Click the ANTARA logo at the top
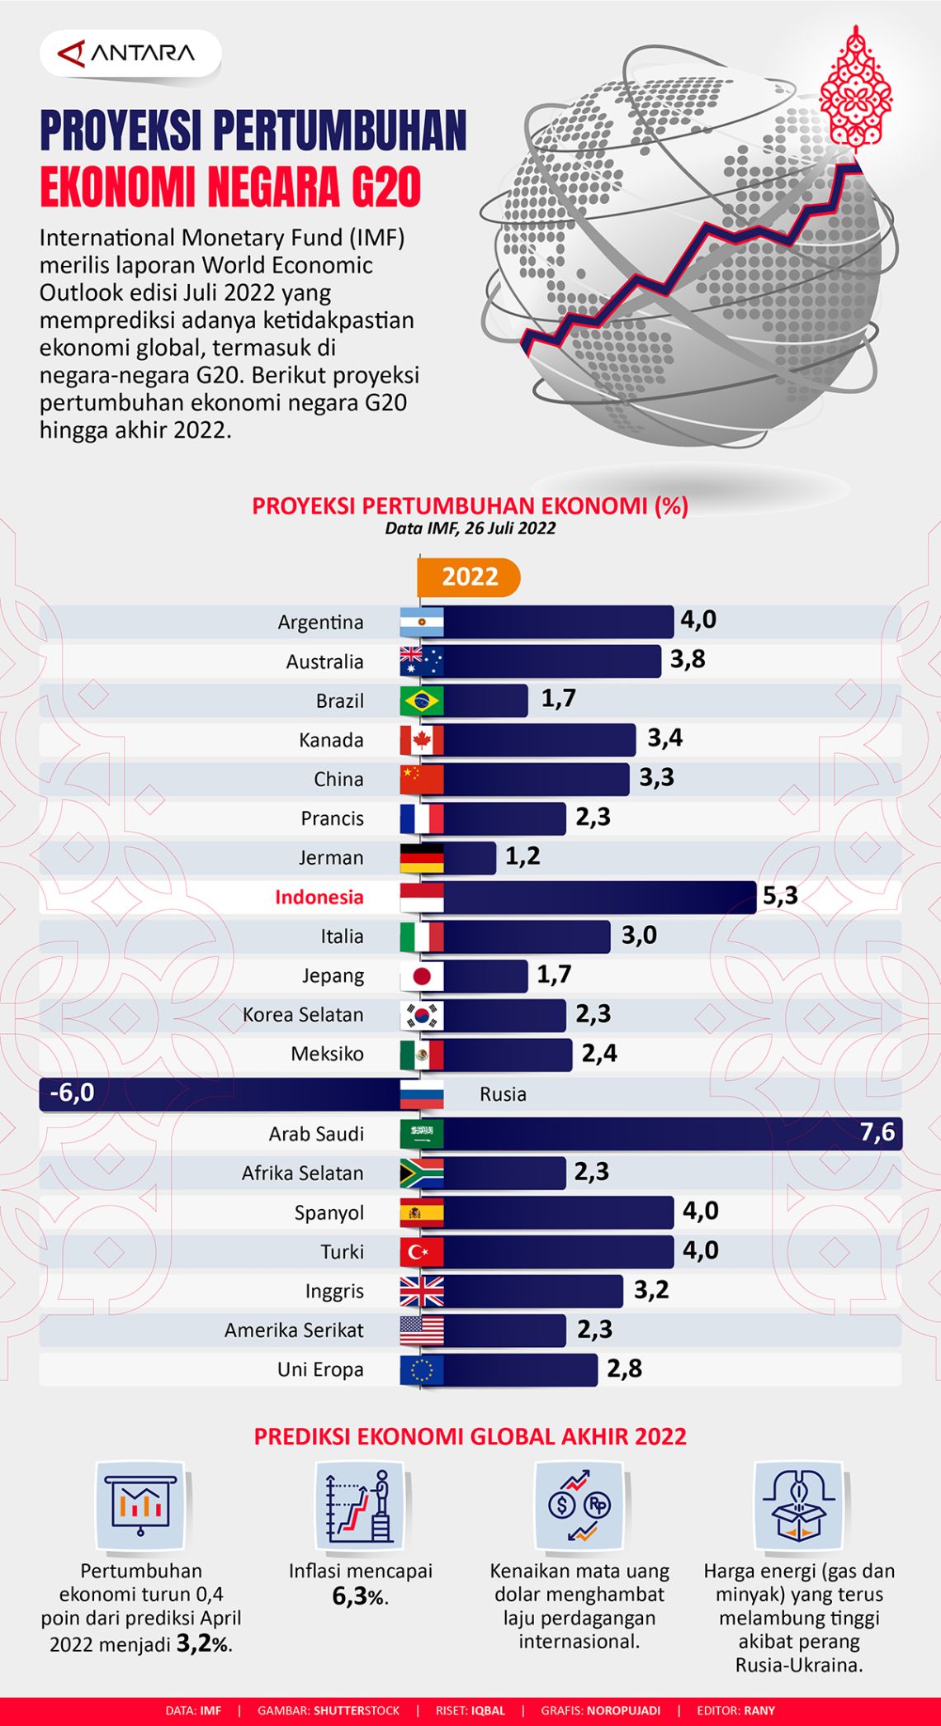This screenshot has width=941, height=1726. tap(129, 55)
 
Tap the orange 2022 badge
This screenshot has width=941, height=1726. tap(469, 576)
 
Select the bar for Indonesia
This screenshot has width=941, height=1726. tap(598, 897)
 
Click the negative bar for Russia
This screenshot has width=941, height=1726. tap(219, 1093)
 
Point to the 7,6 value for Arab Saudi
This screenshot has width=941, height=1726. tap(877, 1131)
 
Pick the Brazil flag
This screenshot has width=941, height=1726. tap(422, 701)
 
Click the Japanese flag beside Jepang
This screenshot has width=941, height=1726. tap(422, 976)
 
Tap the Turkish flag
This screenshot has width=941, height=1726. tap(422, 1252)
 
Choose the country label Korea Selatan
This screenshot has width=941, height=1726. tap(303, 1015)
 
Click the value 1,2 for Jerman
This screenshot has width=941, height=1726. tap(523, 856)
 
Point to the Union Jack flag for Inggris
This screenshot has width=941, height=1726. tap(422, 1291)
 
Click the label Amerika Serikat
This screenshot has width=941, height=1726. tap(294, 1330)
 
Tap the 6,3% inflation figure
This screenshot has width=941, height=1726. tap(360, 1596)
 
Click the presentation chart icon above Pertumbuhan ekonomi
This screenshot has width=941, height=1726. tap(140, 1505)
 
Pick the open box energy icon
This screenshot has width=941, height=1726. tap(799, 1505)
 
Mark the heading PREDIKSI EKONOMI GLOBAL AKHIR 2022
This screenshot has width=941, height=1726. tap(470, 1436)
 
